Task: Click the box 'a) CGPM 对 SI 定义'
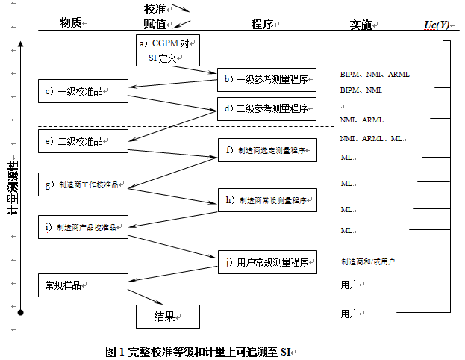coord(168,50)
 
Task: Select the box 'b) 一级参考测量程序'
coord(266,79)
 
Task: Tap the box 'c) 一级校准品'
coord(83,91)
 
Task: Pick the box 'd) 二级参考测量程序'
coord(266,108)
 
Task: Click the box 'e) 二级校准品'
coord(83,141)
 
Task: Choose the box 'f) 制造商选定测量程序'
coord(266,150)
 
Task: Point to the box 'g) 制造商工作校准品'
coord(83,184)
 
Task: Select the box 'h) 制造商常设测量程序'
coord(266,200)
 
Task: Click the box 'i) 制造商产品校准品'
coord(83,226)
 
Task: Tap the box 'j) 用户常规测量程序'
coord(266,262)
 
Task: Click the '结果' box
coord(168,317)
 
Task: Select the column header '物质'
coord(72,23)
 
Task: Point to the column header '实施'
coord(361,25)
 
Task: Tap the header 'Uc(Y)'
coord(437,25)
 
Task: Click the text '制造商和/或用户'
coord(369,262)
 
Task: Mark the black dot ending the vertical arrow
coord(22,312)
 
